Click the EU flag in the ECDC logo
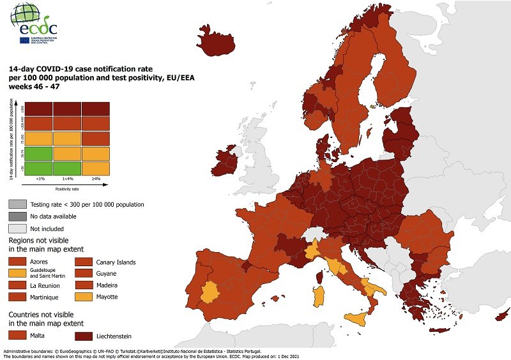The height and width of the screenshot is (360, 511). (x=25, y=40)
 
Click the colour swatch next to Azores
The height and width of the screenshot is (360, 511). (x=17, y=262)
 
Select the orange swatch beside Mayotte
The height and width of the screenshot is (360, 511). (x=84, y=297)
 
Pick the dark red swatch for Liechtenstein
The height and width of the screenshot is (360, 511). (x=84, y=334)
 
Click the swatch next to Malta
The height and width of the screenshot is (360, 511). (x=17, y=334)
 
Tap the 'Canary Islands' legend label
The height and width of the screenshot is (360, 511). (x=116, y=262)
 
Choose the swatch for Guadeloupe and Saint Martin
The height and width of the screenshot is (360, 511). (x=17, y=273)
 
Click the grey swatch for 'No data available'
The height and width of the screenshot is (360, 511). (x=17, y=216)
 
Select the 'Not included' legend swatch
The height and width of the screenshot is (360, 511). (x=17, y=229)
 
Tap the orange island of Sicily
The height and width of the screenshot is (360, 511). (x=361, y=319)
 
